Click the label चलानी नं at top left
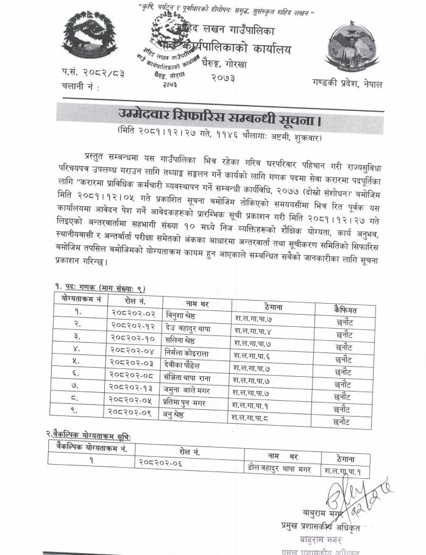80,87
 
